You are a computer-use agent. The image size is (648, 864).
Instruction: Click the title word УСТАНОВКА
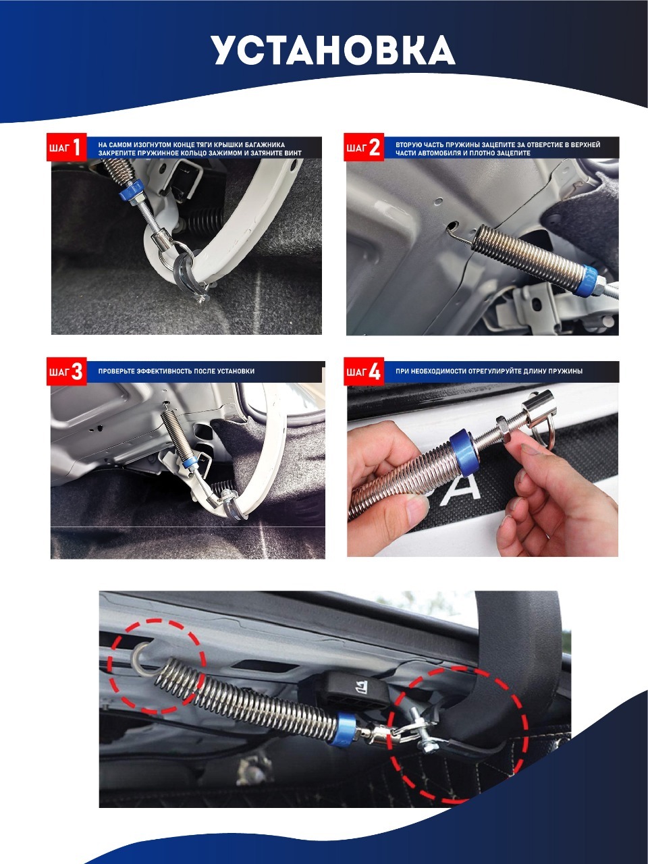(333, 51)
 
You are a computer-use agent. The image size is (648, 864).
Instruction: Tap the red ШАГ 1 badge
(66, 147)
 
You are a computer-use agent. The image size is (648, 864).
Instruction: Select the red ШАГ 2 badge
(364, 147)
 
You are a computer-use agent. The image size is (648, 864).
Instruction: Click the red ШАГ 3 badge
(66, 371)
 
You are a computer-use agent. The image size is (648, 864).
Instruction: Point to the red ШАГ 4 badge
(364, 371)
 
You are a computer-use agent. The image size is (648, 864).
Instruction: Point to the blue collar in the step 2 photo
(586, 280)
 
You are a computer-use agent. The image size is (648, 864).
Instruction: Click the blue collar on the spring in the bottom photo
(346, 730)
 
